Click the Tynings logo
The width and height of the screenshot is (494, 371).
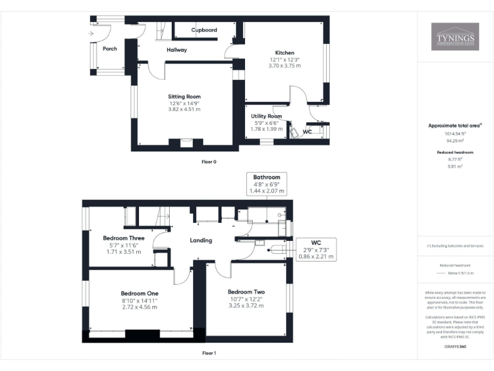tap(455, 37)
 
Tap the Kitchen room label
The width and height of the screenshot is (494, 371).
tap(284, 53)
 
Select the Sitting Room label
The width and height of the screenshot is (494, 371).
tap(185, 97)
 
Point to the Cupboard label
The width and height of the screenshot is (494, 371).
tap(204, 30)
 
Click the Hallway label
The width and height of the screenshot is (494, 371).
tap(176, 50)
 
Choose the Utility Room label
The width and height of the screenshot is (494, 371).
tap(266, 116)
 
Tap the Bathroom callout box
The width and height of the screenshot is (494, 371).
tap(266, 184)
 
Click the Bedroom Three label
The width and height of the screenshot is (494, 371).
tap(123, 238)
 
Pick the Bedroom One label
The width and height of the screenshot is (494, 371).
tap(139, 292)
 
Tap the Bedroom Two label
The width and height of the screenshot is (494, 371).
tap(246, 292)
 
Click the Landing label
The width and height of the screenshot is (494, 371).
tap(201, 240)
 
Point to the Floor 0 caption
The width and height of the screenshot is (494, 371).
tap(208, 162)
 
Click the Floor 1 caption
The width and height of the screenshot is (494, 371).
tap(208, 353)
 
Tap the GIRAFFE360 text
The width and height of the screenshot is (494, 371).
tap(455, 346)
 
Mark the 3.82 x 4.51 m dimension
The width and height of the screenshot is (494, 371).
tap(185, 109)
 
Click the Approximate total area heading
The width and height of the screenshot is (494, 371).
tap(454, 126)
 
